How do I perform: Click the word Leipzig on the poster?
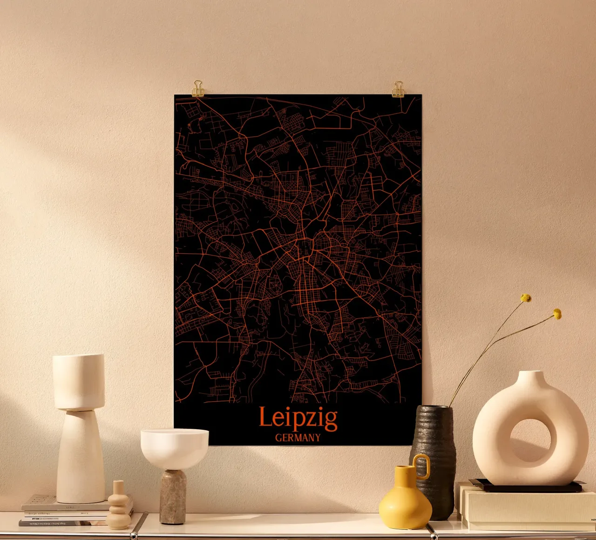298,418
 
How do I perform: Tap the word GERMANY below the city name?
298,438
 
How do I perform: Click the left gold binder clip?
198,88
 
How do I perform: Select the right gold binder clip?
398,89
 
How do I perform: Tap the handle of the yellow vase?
422,466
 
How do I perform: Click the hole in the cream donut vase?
530,440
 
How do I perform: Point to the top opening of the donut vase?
530,372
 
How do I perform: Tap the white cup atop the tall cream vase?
78,381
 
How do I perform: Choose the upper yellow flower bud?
526,298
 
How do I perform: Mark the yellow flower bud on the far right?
557,314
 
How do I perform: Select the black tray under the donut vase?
526,486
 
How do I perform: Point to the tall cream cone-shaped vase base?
80,459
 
